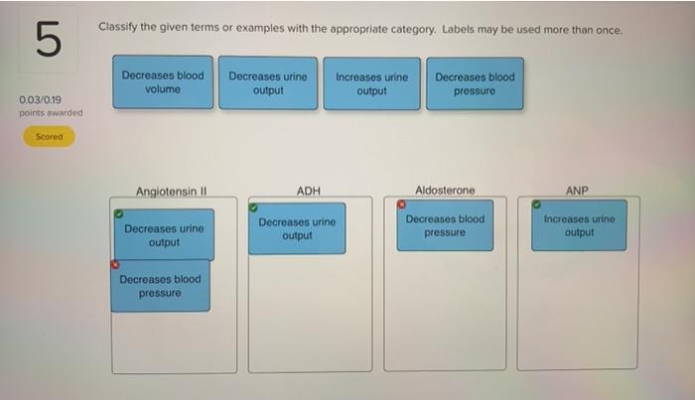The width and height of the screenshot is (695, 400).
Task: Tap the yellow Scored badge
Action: coord(49,137)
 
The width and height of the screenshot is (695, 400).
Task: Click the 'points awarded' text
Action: coord(50,113)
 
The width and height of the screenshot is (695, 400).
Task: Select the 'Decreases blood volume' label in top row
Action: coord(163,82)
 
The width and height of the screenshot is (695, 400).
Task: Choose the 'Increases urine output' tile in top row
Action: coord(371,83)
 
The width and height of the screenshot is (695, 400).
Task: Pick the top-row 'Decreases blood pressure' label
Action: coord(474,83)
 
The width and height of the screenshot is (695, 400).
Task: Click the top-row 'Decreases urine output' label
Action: coord(268,83)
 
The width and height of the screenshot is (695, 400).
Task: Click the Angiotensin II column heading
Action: coord(171,191)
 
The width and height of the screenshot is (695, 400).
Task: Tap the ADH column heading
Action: coord(309,191)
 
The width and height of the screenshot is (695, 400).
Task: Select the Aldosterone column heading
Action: coord(445,190)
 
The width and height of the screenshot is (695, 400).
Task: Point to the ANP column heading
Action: coord(577,190)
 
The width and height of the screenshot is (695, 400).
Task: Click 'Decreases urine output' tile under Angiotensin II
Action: coord(164,235)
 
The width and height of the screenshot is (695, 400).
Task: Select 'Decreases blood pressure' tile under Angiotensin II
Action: coord(160,286)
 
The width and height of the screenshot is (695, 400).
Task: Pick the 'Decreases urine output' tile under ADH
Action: coord(297,228)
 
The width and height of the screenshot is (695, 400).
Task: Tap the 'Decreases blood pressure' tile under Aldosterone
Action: coord(445,225)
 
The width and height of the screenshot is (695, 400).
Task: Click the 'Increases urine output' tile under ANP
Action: coord(579,225)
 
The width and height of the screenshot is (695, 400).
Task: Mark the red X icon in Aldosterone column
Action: coord(402,205)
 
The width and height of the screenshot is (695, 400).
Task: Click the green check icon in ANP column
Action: coord(536,205)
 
